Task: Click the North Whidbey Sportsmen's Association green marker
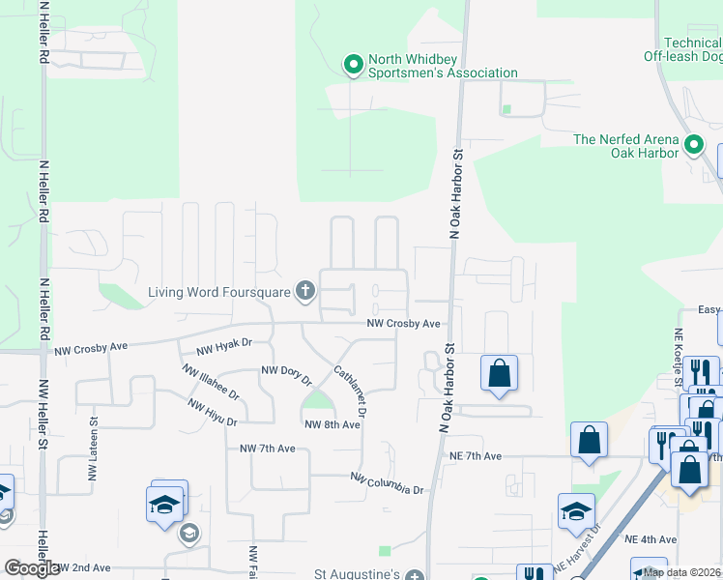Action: coord(354,65)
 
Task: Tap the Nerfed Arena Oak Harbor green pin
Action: coord(693,146)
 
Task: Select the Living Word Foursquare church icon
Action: coord(305,290)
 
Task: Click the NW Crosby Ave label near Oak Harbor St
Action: coord(403,324)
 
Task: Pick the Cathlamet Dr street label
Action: coord(350,391)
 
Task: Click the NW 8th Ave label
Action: coord(332,424)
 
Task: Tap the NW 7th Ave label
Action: coord(267,449)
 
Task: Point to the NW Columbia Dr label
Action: coord(387,483)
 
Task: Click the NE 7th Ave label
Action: coord(475,455)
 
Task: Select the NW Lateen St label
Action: coord(95,440)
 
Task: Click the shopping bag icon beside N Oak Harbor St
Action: coord(499,372)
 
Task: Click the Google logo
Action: coord(31,568)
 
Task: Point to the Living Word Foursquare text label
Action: coord(220,291)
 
